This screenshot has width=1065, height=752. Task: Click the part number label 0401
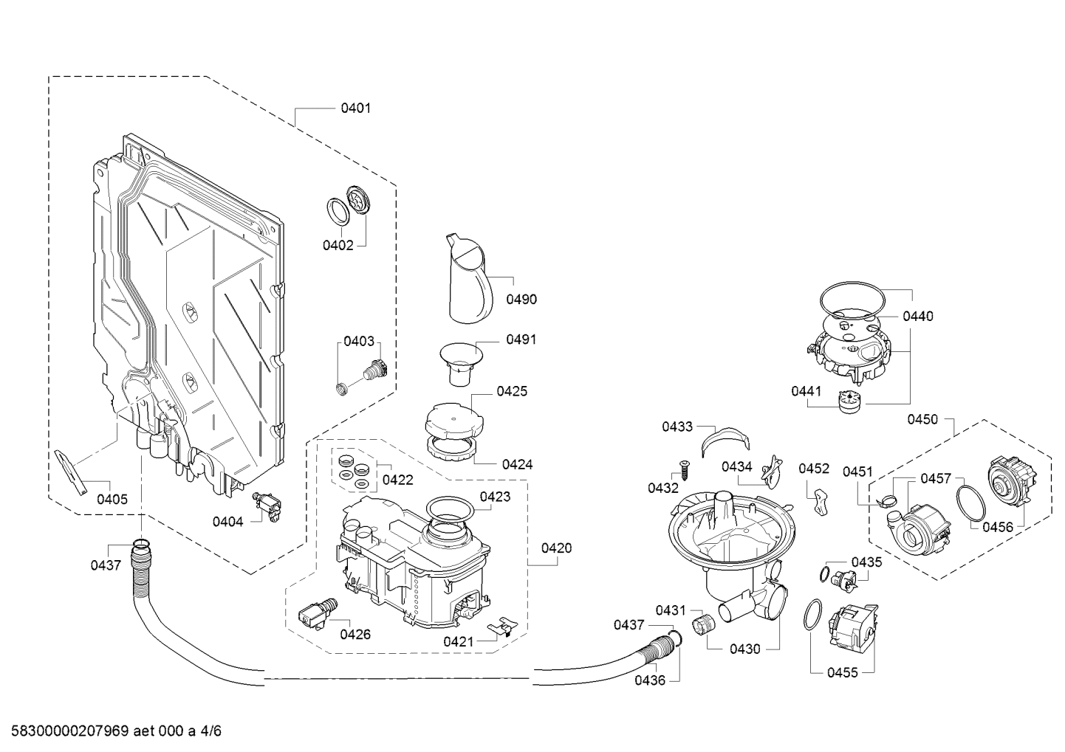(355, 108)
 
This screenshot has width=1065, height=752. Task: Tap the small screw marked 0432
(682, 468)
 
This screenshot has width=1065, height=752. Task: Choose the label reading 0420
(556, 548)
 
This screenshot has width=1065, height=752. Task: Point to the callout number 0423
(495, 497)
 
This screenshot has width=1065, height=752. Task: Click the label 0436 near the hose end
(650, 680)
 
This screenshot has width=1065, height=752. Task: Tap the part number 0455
(843, 673)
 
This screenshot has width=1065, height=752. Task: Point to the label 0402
(338, 245)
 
